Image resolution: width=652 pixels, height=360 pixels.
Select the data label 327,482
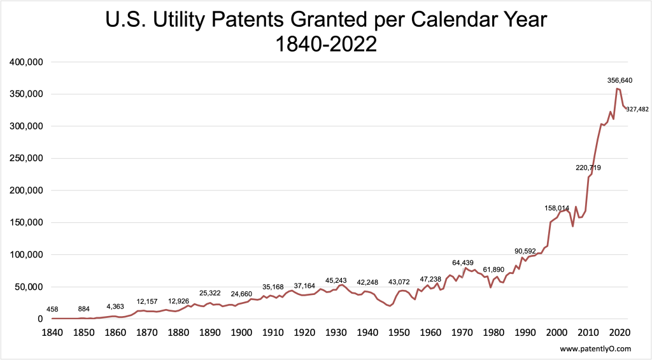pyautogui.click(x=637, y=110)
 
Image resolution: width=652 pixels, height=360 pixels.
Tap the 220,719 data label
pyautogui.click(x=588, y=168)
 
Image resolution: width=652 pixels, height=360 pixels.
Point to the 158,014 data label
pyautogui.click(x=557, y=208)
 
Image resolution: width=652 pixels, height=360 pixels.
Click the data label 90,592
pyautogui.click(x=527, y=250)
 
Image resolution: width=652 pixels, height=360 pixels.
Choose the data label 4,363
pyautogui.click(x=115, y=306)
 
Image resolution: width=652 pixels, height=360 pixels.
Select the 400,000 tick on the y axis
pyautogui.click(x=26, y=62)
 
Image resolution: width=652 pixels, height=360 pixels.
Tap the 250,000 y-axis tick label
pyautogui.click(x=26, y=159)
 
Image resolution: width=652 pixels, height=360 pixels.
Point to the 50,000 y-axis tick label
pyautogui.click(x=29, y=287)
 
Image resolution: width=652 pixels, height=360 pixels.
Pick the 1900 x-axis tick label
pyautogui.click(x=241, y=331)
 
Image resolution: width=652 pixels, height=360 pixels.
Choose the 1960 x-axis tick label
pyautogui.click(x=430, y=331)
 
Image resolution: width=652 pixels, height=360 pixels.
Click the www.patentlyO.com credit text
pyautogui.click(x=595, y=349)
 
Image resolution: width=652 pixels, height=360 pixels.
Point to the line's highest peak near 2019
pyautogui.click(x=617, y=88)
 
